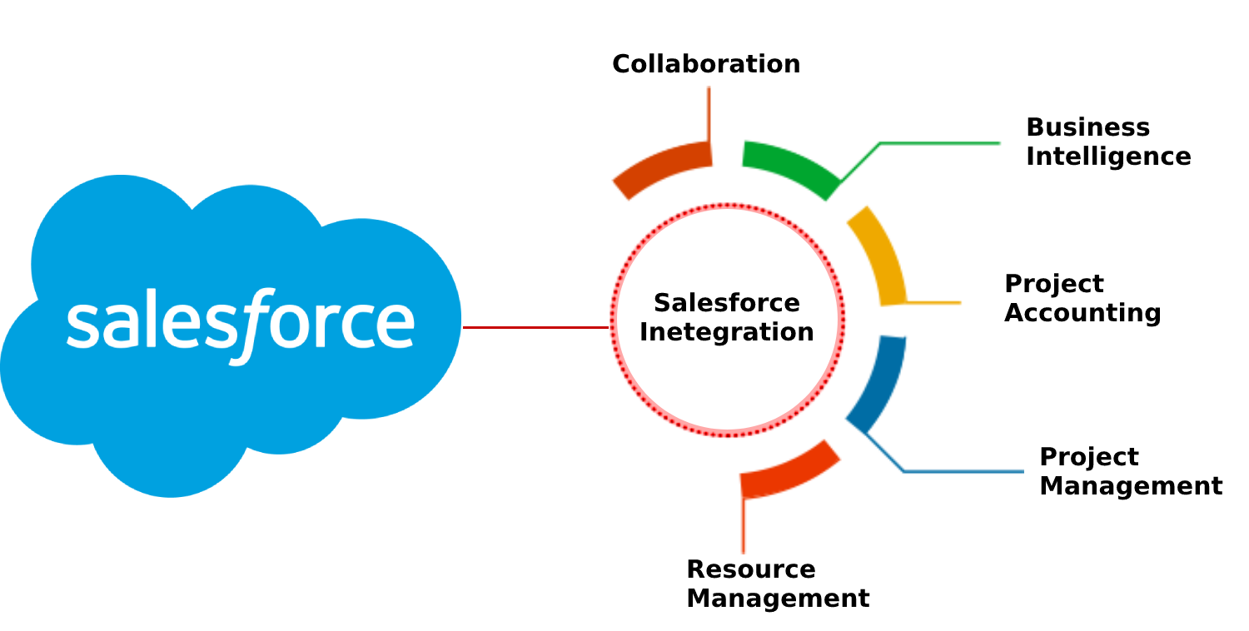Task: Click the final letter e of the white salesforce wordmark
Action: coord(396,325)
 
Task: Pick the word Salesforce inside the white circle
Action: coord(726,303)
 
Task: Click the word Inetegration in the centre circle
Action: coord(726,332)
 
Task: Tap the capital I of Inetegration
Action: coord(644,331)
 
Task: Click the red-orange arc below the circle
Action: coord(788,470)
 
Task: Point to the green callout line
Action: coord(941,144)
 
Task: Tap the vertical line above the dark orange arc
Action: coord(709,112)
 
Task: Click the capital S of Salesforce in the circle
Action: coord(662,303)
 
